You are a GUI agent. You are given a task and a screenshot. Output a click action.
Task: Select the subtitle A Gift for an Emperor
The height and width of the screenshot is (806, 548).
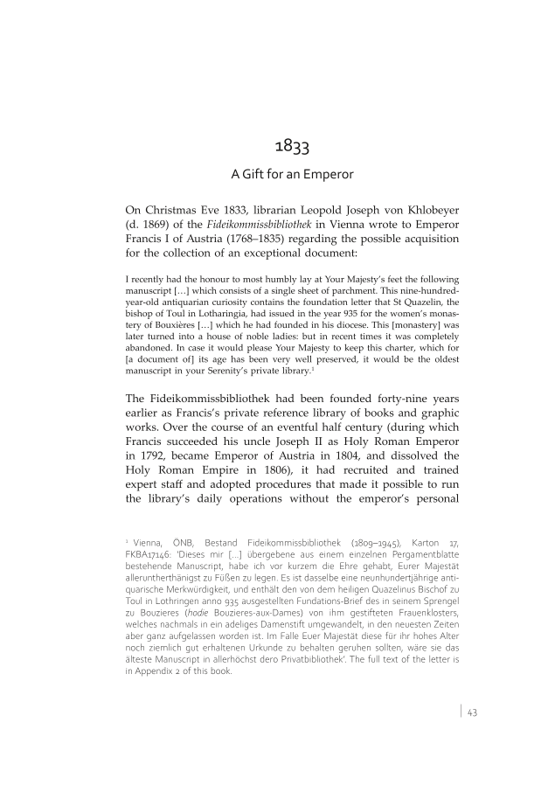(291, 174)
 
